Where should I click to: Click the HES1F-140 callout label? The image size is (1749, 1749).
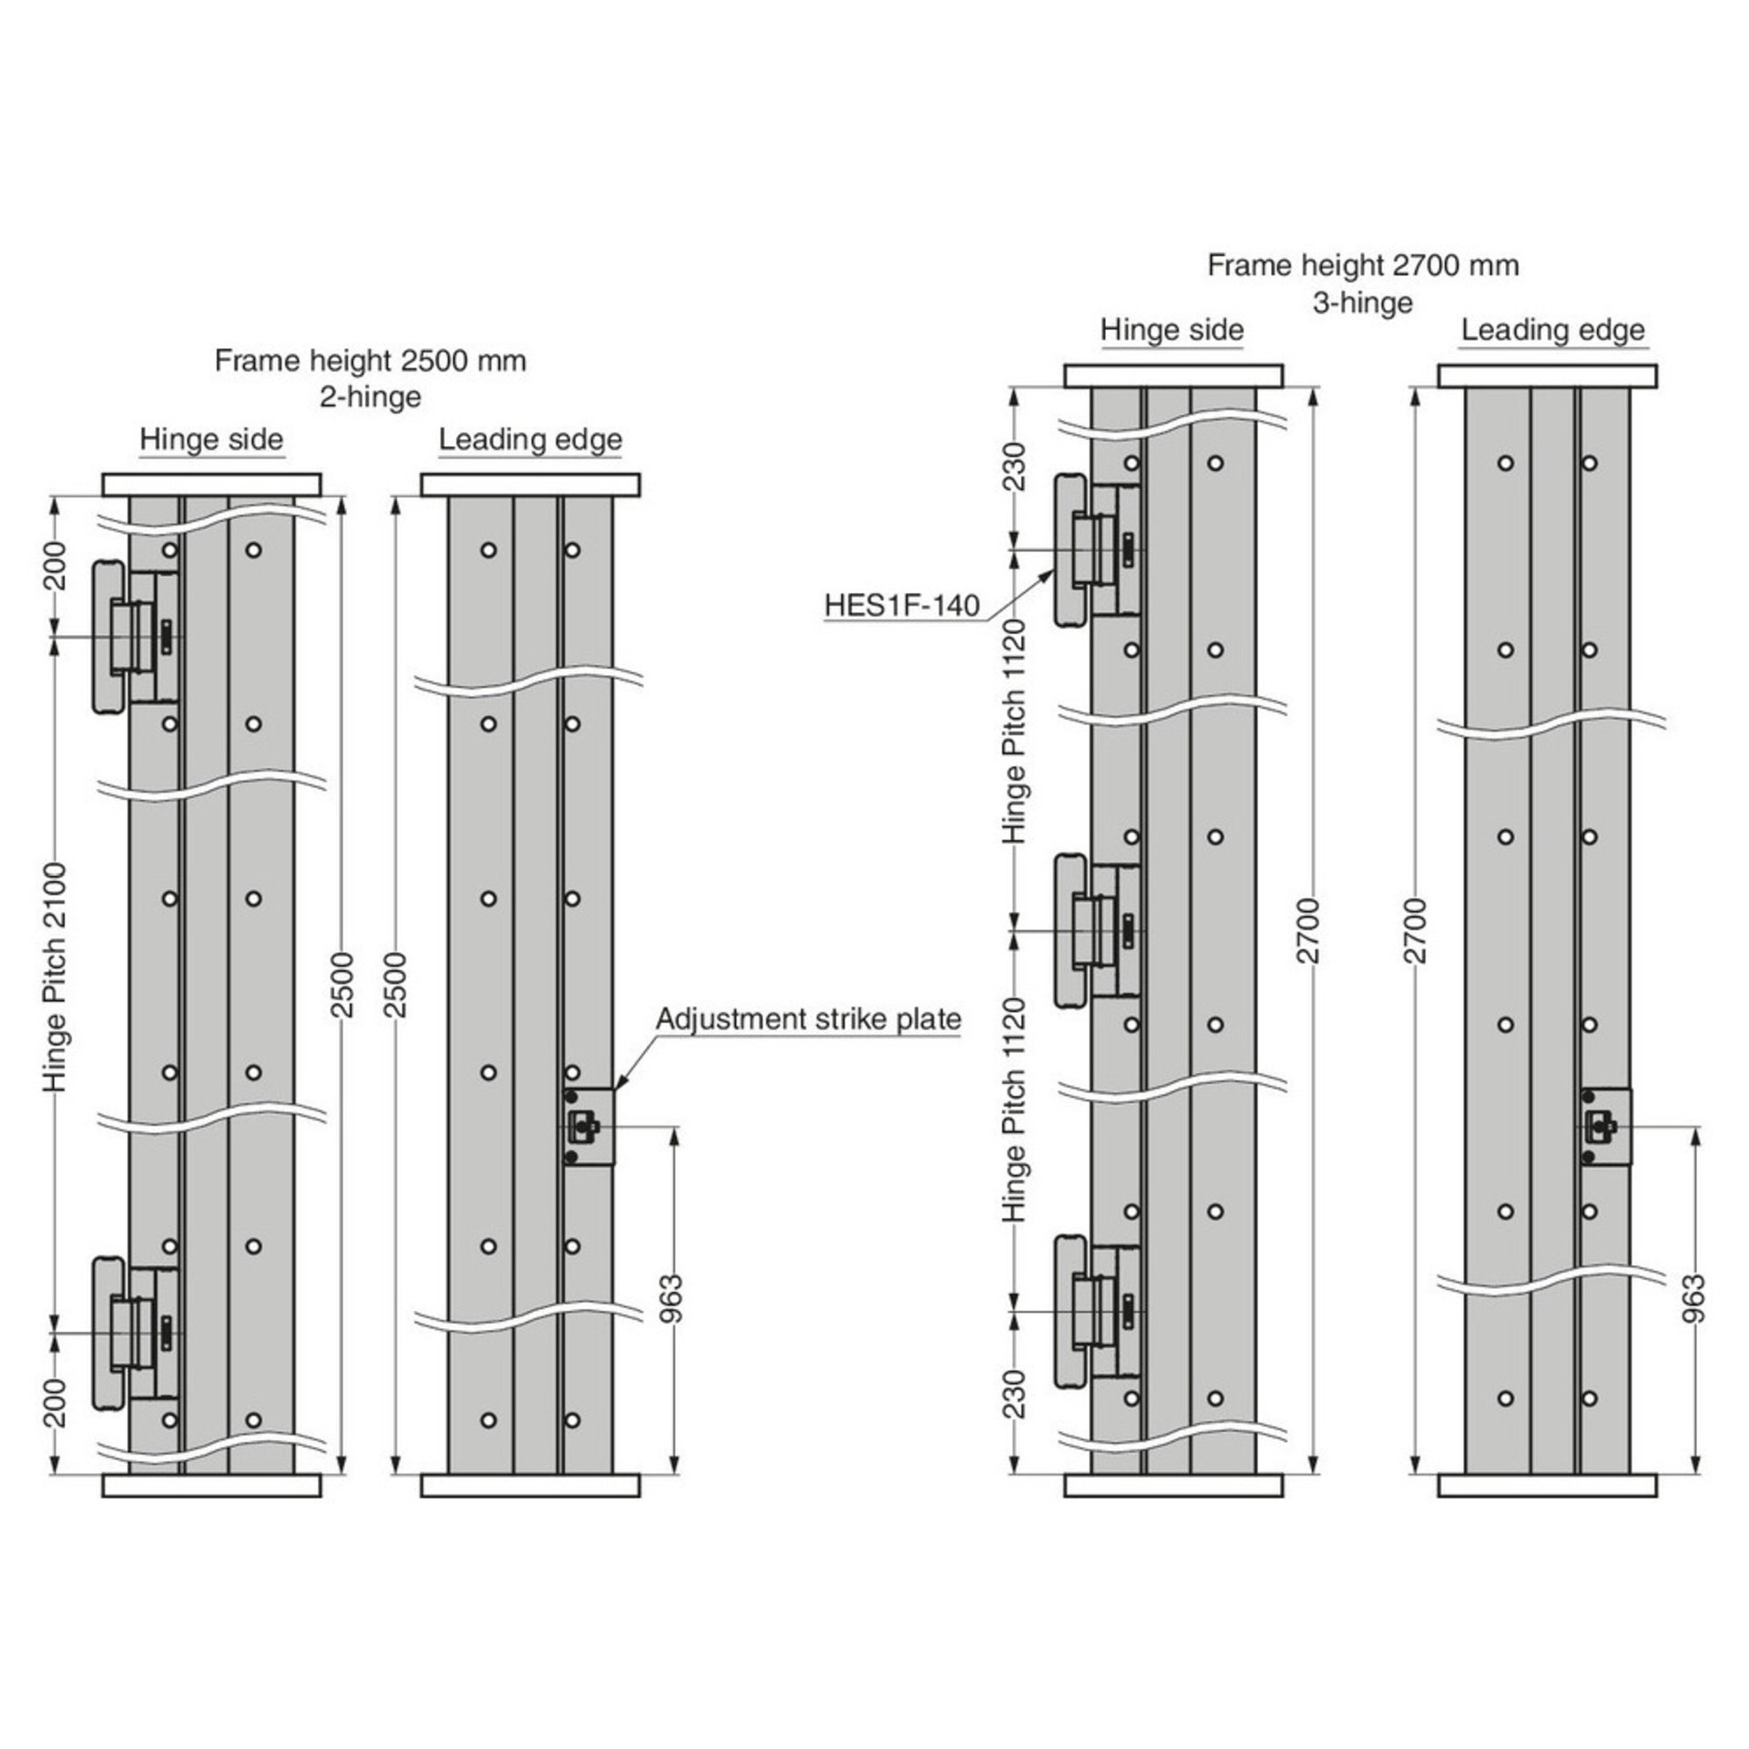(x=902, y=606)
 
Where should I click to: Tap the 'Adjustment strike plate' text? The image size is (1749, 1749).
(x=809, y=1018)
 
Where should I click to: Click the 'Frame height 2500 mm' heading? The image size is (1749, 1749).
(x=371, y=361)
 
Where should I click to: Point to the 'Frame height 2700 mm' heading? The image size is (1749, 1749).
(x=1364, y=265)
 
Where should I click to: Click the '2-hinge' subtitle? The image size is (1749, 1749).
(x=371, y=397)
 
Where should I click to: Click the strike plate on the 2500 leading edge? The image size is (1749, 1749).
(x=588, y=1127)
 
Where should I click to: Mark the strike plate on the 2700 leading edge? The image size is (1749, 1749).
(x=1605, y=1127)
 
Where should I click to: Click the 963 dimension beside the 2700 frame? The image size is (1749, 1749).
(x=1695, y=1297)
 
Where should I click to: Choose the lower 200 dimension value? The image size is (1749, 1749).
(x=56, y=1402)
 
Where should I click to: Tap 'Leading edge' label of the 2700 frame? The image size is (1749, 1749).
(x=1553, y=330)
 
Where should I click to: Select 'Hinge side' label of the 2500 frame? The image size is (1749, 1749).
(x=211, y=440)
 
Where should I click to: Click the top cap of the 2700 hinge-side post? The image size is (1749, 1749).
(x=1173, y=375)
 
